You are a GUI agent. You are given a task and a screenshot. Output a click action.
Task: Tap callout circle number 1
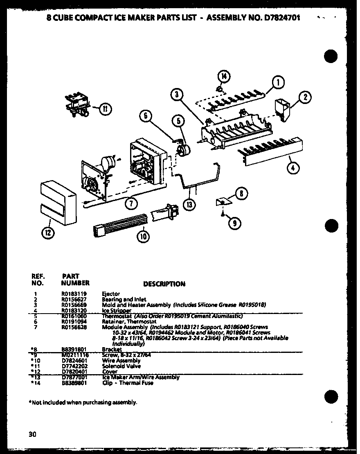tap(278, 83)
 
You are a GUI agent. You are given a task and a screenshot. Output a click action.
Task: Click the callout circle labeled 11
tap(105, 109)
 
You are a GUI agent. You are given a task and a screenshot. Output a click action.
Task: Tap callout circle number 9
tap(234, 223)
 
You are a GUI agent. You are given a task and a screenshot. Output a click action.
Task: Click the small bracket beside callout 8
tap(223, 201)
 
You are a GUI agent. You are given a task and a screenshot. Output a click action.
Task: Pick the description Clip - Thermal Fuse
tap(128, 383)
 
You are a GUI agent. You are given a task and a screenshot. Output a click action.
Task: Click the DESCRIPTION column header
tap(164, 284)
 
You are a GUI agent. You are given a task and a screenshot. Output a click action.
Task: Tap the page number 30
tap(33, 434)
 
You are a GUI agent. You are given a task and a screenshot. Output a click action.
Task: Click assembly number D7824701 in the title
tap(277, 18)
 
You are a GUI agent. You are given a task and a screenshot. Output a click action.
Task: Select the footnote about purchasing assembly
tap(83, 402)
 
